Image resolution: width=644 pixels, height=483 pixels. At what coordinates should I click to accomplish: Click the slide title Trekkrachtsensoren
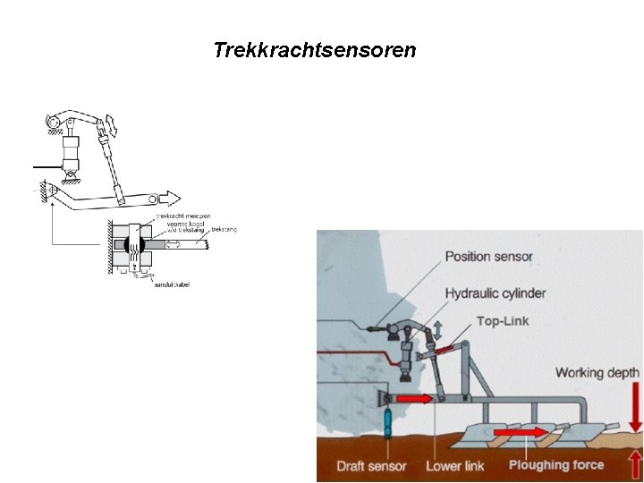315,50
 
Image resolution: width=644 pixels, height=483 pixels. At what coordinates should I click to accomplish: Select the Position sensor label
489,257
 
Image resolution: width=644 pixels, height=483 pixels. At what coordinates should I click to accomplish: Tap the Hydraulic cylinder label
495,292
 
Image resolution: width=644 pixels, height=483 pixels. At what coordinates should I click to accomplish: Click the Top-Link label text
503,321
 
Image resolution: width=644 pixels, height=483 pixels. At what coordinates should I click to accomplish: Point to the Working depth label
597,372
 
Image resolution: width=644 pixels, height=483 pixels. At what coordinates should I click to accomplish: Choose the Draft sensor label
371,466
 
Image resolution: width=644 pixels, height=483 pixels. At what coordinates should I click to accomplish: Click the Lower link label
456,466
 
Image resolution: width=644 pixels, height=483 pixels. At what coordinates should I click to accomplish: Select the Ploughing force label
556,465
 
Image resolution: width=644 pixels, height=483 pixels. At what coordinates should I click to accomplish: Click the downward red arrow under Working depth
635,408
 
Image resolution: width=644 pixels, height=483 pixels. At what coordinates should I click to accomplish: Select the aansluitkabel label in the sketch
173,284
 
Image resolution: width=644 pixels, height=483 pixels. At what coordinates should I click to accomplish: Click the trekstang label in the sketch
224,230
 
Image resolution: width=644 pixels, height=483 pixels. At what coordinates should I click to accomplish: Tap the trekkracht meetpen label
178,216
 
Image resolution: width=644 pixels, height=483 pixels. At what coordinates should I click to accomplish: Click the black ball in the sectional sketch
135,243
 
